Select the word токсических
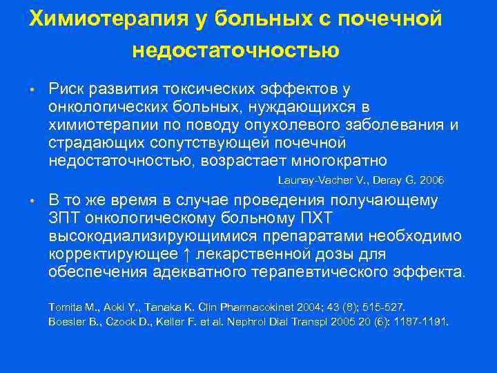197,89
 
